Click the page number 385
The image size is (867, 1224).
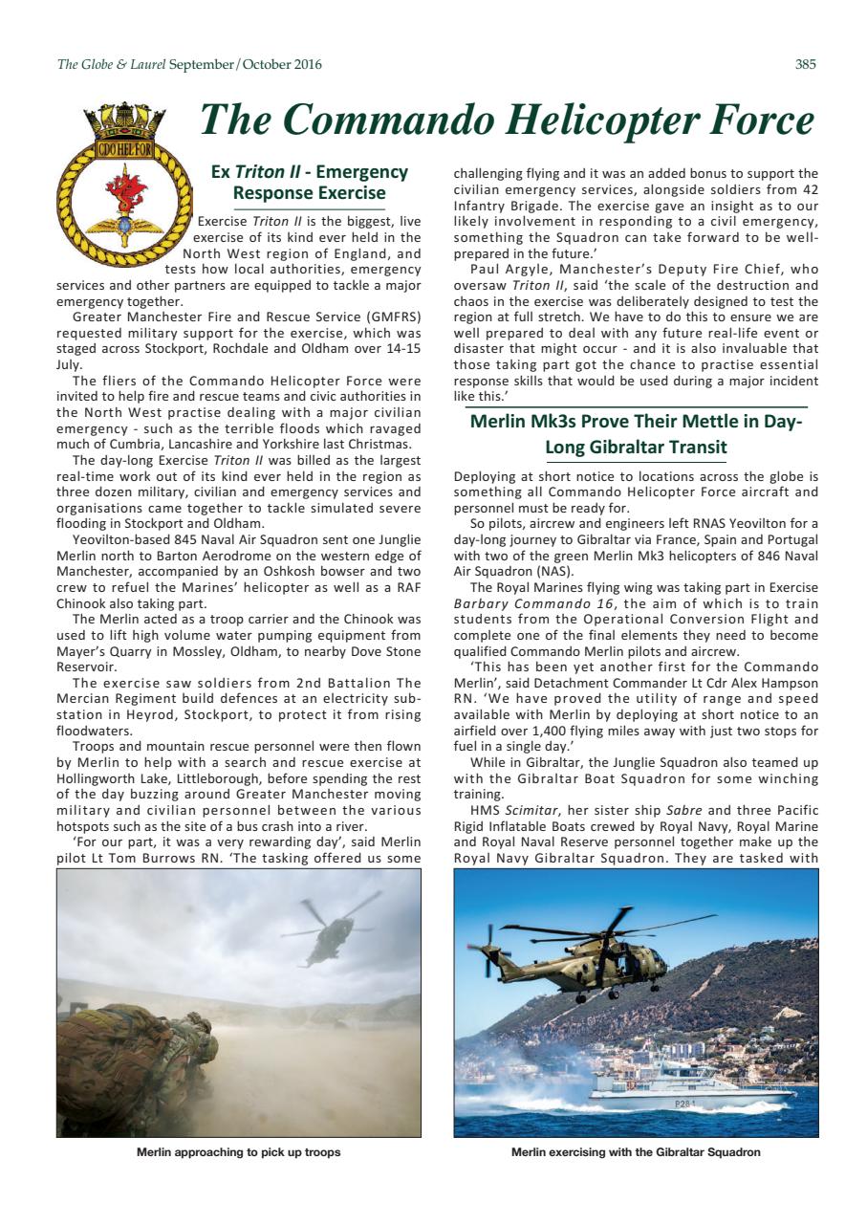pyautogui.click(x=805, y=65)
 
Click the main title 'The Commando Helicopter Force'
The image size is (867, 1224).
pyautogui.click(x=507, y=120)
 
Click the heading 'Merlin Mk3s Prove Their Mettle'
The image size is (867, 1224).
pyautogui.click(x=636, y=434)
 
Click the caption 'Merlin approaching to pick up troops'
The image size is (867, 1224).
pyautogui.click(x=239, y=1152)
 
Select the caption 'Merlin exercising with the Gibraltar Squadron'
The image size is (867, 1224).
pyautogui.click(x=636, y=1152)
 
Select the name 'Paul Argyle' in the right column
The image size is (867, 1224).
pyautogui.click(x=508, y=270)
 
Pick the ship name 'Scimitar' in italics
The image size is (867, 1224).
pyautogui.click(x=528, y=826)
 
